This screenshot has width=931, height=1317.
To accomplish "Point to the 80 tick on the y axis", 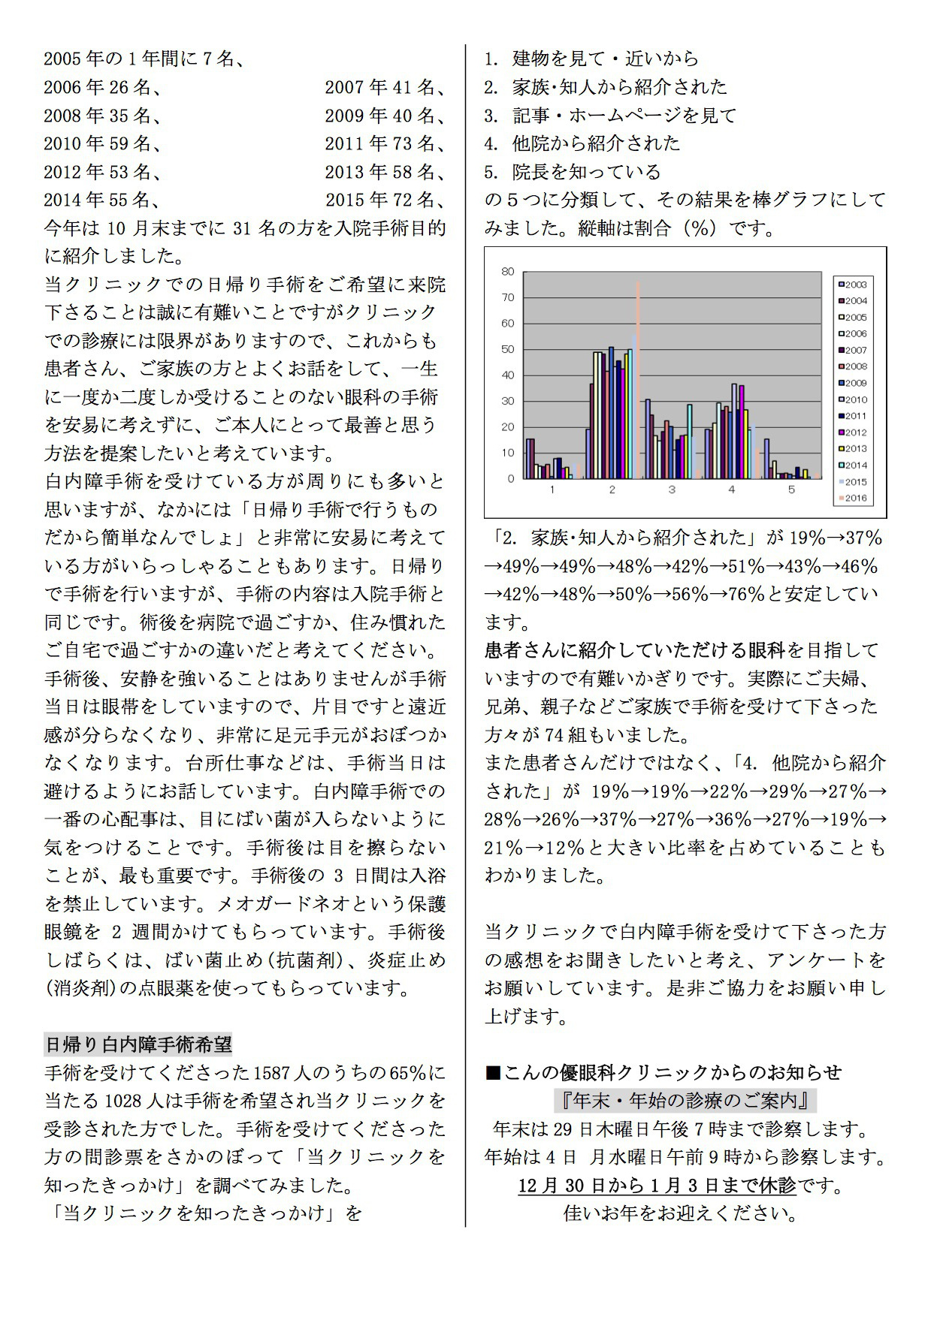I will tap(509, 272).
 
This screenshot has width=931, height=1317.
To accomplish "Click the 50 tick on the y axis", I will tap(509, 349).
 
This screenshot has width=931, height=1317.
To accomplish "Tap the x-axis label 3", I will tap(672, 490).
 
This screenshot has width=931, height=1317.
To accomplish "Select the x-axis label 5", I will tap(791, 490).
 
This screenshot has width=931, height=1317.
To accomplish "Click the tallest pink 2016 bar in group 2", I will tap(638, 375).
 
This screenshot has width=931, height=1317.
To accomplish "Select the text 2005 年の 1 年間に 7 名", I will tap(143, 59).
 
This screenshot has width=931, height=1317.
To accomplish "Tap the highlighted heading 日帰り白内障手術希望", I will tap(138, 1044).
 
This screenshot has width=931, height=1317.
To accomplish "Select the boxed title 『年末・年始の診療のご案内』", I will tap(685, 1101).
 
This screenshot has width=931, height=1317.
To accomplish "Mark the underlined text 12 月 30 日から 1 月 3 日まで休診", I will tap(657, 1186).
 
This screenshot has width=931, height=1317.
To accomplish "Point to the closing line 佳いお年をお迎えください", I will tap(680, 1213).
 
